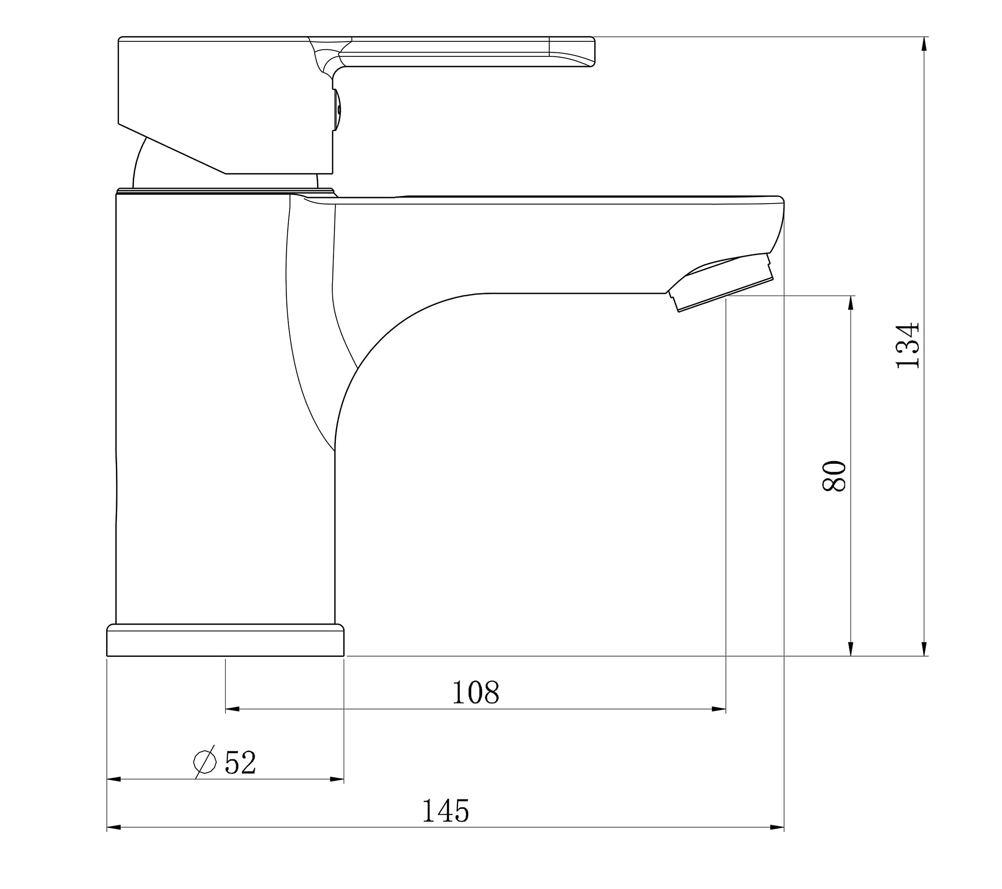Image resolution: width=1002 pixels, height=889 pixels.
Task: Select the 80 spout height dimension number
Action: tap(834, 476)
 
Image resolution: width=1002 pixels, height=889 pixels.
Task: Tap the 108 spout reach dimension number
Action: tap(476, 692)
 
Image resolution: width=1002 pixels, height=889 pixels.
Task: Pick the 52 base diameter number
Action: tap(240, 763)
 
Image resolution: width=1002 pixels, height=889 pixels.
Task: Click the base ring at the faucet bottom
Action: tap(225, 640)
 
